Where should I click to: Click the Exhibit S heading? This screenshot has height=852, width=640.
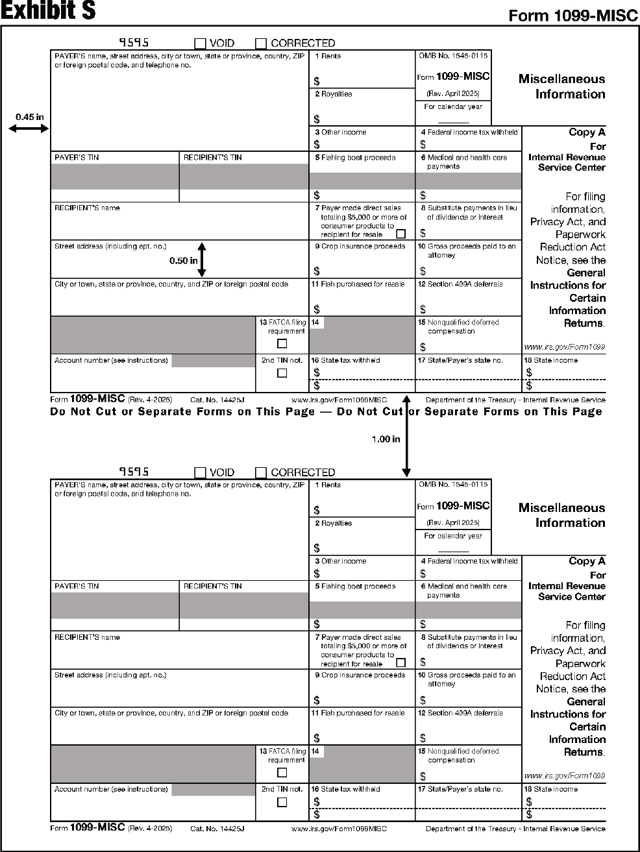point(48,11)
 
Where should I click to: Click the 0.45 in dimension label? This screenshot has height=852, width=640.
point(30,117)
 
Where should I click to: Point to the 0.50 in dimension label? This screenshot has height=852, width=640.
point(184,260)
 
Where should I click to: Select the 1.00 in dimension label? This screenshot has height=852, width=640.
point(386,439)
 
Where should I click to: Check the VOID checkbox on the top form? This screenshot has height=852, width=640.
point(201,43)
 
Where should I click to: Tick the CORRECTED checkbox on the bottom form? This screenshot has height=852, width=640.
point(261,472)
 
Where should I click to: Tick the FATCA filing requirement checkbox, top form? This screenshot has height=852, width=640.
point(282,343)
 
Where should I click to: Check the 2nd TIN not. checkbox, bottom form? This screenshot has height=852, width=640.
point(282,802)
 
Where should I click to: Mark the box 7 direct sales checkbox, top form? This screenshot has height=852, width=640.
point(400,234)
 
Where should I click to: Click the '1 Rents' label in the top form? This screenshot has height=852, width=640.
point(328,56)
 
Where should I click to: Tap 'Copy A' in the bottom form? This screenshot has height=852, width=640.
point(587,561)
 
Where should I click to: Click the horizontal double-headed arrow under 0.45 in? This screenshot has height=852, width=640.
point(29,128)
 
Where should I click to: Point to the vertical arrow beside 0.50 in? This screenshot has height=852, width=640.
point(201,260)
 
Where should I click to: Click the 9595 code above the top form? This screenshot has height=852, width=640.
point(134,43)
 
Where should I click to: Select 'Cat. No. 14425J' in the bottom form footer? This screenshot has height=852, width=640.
point(217,829)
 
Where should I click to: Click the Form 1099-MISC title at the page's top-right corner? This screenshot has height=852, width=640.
point(573,16)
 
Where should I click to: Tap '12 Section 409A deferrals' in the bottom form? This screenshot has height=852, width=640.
point(460,712)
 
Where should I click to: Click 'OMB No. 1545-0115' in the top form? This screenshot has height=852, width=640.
point(453,56)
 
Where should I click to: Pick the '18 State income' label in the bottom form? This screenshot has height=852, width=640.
point(551,789)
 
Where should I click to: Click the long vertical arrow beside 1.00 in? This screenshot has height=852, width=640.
point(406,435)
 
